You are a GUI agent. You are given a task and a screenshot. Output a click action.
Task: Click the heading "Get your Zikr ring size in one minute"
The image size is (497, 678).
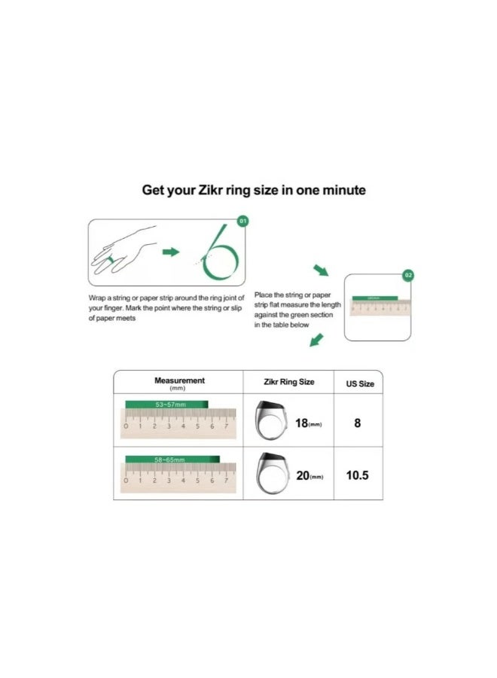tap(254, 190)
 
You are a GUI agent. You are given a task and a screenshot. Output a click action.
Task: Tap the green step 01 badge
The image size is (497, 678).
tap(242, 221)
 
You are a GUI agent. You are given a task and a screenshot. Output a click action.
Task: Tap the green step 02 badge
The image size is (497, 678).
tap(408, 276)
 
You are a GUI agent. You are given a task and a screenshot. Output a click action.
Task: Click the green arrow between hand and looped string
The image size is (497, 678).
tap(172, 252)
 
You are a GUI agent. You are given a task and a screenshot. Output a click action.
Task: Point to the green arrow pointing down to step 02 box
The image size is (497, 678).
tap(321, 270)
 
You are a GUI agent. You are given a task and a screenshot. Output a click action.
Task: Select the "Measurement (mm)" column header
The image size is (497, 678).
tap(179, 383)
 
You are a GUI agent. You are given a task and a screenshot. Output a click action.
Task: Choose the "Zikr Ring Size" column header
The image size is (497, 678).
tap(289, 382)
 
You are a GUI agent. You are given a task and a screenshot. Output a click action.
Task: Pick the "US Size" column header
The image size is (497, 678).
tap(359, 383)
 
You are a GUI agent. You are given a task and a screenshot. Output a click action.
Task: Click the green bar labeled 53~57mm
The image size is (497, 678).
tap(166, 405)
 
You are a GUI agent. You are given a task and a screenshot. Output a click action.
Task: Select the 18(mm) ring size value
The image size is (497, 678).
tap(308, 423)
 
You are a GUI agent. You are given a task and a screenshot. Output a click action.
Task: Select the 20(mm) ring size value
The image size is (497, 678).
tap(309, 476)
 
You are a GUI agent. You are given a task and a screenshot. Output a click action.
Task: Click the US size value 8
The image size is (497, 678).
tap(358, 423)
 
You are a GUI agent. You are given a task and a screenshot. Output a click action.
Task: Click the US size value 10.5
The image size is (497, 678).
tap(358, 476)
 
